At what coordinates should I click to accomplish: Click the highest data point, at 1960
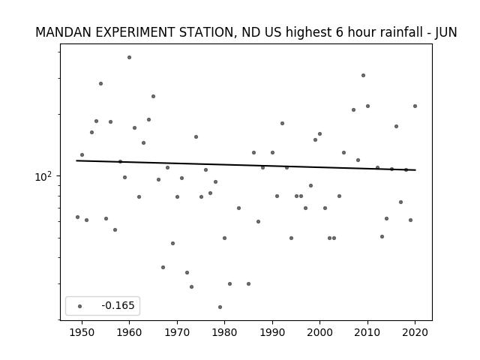tap(129, 58)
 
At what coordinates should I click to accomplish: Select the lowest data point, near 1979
tap(220, 307)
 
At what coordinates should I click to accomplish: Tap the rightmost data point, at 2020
tap(415, 106)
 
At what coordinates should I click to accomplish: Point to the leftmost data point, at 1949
tap(77, 217)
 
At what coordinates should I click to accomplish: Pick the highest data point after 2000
tap(363, 75)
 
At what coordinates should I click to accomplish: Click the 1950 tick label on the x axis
tap(82, 332)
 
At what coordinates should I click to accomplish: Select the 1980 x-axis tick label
tap(224, 332)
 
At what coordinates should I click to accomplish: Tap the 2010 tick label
tap(367, 332)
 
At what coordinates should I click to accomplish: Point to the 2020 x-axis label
tap(415, 332)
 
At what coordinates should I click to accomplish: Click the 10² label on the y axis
tap(43, 177)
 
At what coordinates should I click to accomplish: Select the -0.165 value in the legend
tap(118, 305)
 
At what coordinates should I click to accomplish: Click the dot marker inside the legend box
tap(80, 306)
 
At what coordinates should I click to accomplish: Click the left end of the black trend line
tap(76, 160)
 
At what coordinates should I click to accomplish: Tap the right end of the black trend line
tap(415, 170)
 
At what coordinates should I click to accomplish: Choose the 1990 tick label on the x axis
tap(272, 332)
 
